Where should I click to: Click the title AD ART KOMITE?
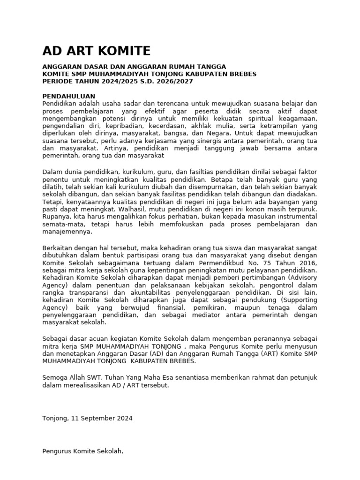(96, 51)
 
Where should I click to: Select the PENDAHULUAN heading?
(69, 96)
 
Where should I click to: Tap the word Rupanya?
(56, 217)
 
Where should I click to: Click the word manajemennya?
(67, 232)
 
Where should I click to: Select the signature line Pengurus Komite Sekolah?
(82, 451)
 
